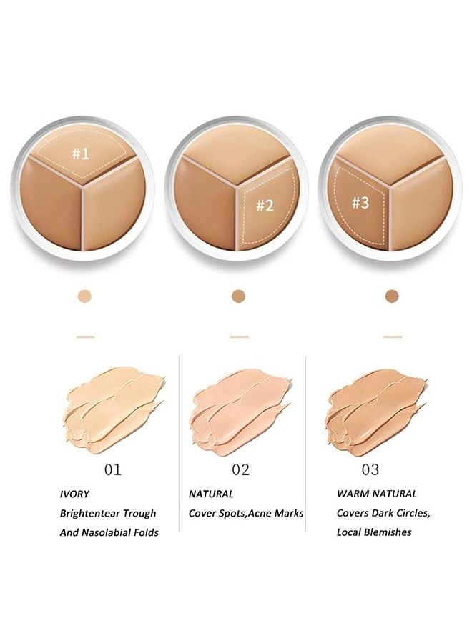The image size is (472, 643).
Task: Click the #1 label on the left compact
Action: tap(81, 154)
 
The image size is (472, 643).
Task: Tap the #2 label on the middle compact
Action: tap(265, 206)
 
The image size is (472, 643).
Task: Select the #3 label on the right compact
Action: tap(360, 203)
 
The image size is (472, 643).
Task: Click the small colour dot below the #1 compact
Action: tap(84, 296)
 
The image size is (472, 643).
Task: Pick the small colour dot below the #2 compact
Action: tap(238, 296)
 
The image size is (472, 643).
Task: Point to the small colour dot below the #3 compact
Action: tap(392, 296)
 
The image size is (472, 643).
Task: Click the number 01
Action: tap(112, 469)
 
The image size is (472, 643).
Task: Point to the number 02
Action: tap(240, 469)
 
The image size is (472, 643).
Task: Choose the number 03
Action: tap(370, 469)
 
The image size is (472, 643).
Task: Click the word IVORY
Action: tap(74, 494)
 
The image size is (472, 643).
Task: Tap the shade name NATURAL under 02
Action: tap(211, 494)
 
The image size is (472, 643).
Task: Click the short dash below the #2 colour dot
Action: tap(240, 337)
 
